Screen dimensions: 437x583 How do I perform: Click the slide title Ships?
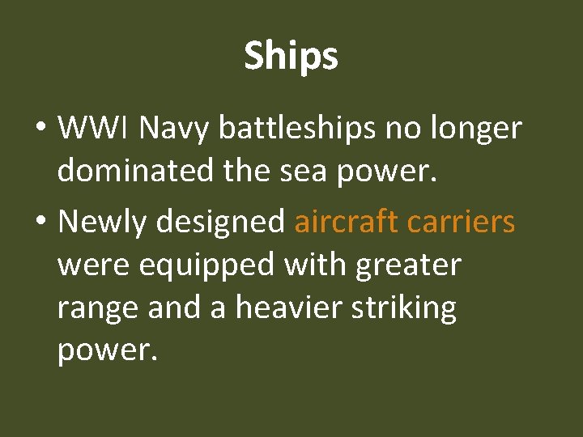(291, 57)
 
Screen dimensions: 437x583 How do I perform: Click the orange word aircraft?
(347, 220)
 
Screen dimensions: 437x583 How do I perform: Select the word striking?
(410, 308)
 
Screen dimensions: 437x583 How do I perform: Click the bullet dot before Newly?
(40, 222)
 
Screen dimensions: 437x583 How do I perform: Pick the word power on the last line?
(104, 351)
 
